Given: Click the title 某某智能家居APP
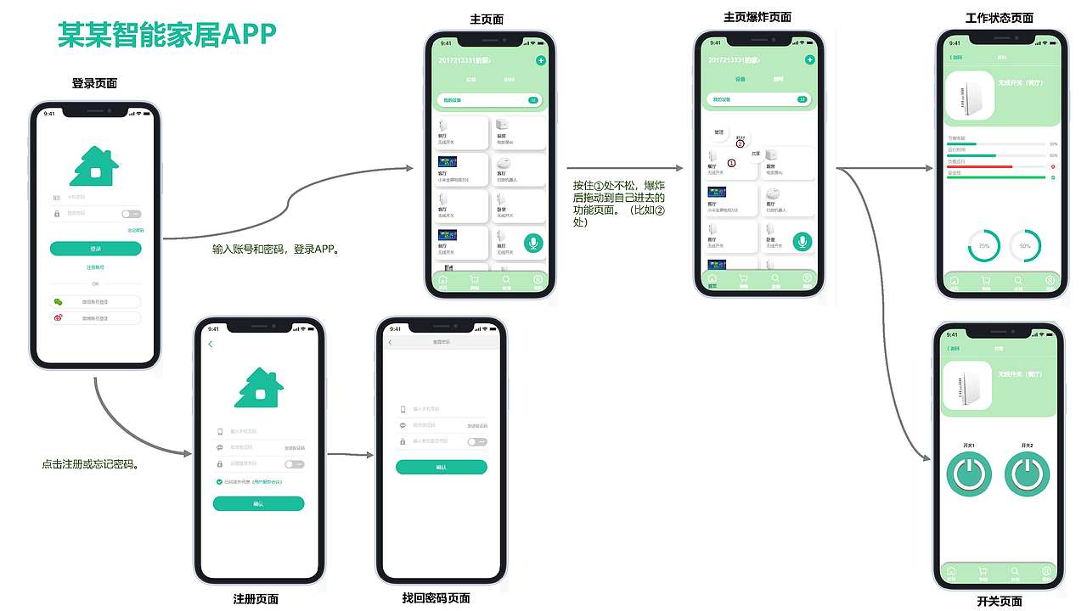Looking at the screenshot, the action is (166, 33).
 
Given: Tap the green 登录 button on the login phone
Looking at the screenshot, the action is (95, 249).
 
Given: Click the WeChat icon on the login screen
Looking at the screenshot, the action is (58, 301).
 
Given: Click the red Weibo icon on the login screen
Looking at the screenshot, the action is (58, 318).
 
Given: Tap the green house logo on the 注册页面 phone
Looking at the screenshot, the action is (259, 387).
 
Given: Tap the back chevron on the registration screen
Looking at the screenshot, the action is (211, 344).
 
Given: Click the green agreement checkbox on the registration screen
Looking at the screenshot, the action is (219, 481).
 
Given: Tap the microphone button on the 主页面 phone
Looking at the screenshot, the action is (533, 243).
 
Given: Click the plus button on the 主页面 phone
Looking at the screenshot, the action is (541, 60).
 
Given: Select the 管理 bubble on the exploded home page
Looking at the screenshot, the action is (718, 132).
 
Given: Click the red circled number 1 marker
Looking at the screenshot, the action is (732, 162).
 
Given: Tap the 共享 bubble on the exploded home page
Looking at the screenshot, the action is (756, 153).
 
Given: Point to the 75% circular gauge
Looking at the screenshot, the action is (983, 245).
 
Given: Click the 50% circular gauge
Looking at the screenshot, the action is (1025, 245).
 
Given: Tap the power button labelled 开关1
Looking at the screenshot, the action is (969, 474).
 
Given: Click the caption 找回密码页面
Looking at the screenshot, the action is (436, 598).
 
